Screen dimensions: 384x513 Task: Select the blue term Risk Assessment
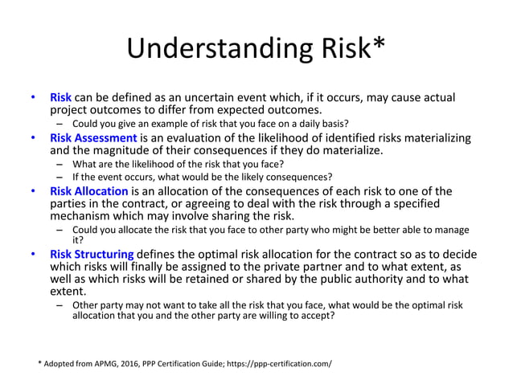point(93,138)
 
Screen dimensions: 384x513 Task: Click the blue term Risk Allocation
point(89,191)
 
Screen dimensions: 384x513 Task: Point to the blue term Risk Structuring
point(92,255)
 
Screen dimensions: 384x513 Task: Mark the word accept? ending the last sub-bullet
point(315,316)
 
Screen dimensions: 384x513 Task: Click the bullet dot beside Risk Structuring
point(33,255)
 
